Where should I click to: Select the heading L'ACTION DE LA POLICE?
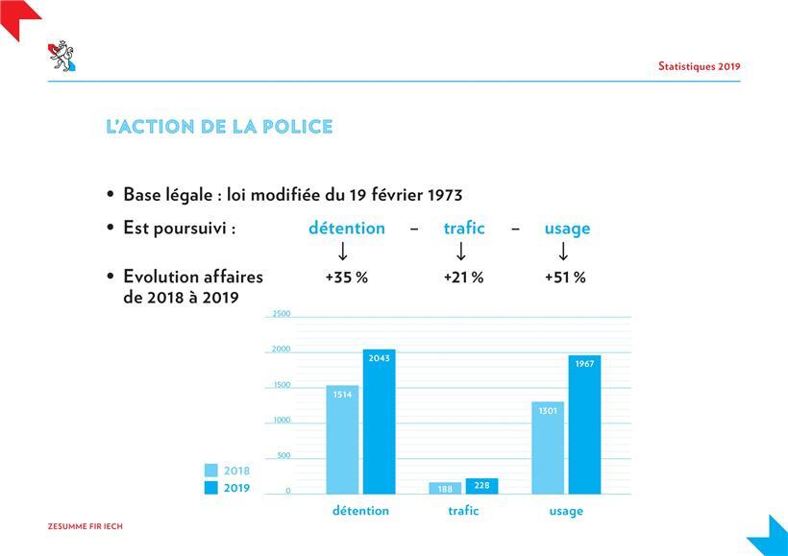coord(219,127)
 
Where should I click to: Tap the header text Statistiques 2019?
coord(699,66)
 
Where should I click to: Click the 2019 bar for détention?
coord(379,423)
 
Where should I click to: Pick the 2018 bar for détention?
coord(342,440)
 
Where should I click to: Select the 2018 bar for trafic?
coord(445,488)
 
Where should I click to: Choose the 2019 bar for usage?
coord(584,425)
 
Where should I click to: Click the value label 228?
coord(481,485)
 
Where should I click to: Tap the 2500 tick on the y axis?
coord(281,314)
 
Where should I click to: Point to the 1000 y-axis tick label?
coord(281,421)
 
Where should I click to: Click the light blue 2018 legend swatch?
coord(211,471)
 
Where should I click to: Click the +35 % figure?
coord(347,278)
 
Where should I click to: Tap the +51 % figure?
coord(565,278)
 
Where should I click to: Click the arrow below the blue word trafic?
coord(461,252)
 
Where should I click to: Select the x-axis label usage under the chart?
coord(566,511)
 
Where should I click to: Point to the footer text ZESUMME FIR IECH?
coord(86,526)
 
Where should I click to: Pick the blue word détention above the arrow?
coord(346,229)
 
